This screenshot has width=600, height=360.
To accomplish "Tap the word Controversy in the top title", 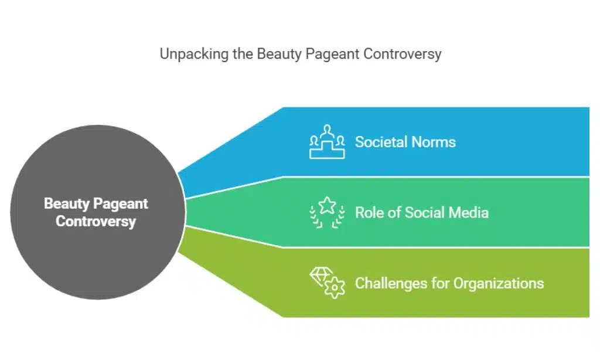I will (402, 55).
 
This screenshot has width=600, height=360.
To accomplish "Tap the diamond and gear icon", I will (327, 283).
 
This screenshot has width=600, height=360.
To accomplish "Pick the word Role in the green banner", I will (368, 212).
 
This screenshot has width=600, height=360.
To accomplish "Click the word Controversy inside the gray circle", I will (96, 222).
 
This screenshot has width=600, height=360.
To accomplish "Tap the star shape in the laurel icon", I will (327, 206).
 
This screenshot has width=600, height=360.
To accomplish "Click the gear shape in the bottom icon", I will (335, 288).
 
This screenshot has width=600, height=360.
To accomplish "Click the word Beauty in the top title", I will (275, 55).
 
